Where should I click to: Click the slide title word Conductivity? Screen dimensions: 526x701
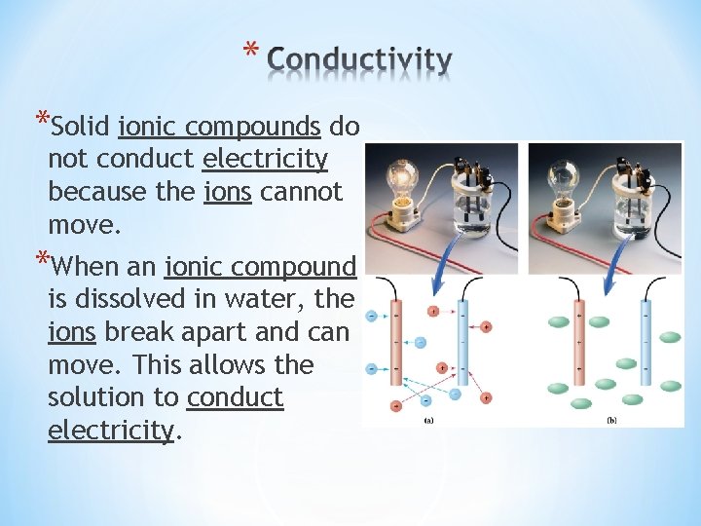tap(359, 60)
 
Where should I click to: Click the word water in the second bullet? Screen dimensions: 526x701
tap(284, 300)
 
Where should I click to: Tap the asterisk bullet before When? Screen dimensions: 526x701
tap(40, 261)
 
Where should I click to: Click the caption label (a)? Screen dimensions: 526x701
tap(429, 420)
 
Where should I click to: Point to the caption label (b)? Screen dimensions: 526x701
tap(611, 420)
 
